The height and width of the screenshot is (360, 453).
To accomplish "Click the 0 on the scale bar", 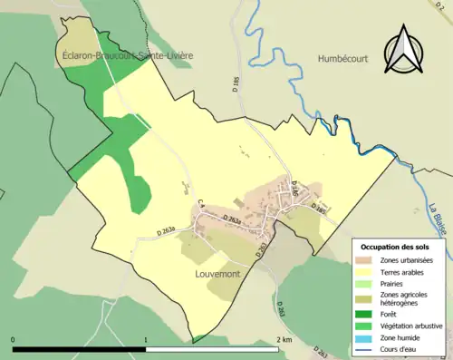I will click(13, 339).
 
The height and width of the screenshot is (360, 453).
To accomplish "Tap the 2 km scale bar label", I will click(283, 339).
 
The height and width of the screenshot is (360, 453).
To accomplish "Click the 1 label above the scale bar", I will click(146, 339).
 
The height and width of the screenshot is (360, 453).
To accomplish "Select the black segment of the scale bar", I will click(80, 348).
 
